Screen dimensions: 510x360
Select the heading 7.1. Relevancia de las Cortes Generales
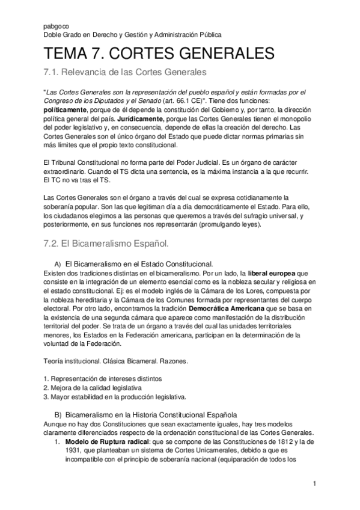(x=125, y=73)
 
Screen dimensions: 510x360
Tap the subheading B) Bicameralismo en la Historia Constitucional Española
(x=146, y=414)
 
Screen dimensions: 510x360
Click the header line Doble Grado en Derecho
(x=133, y=35)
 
